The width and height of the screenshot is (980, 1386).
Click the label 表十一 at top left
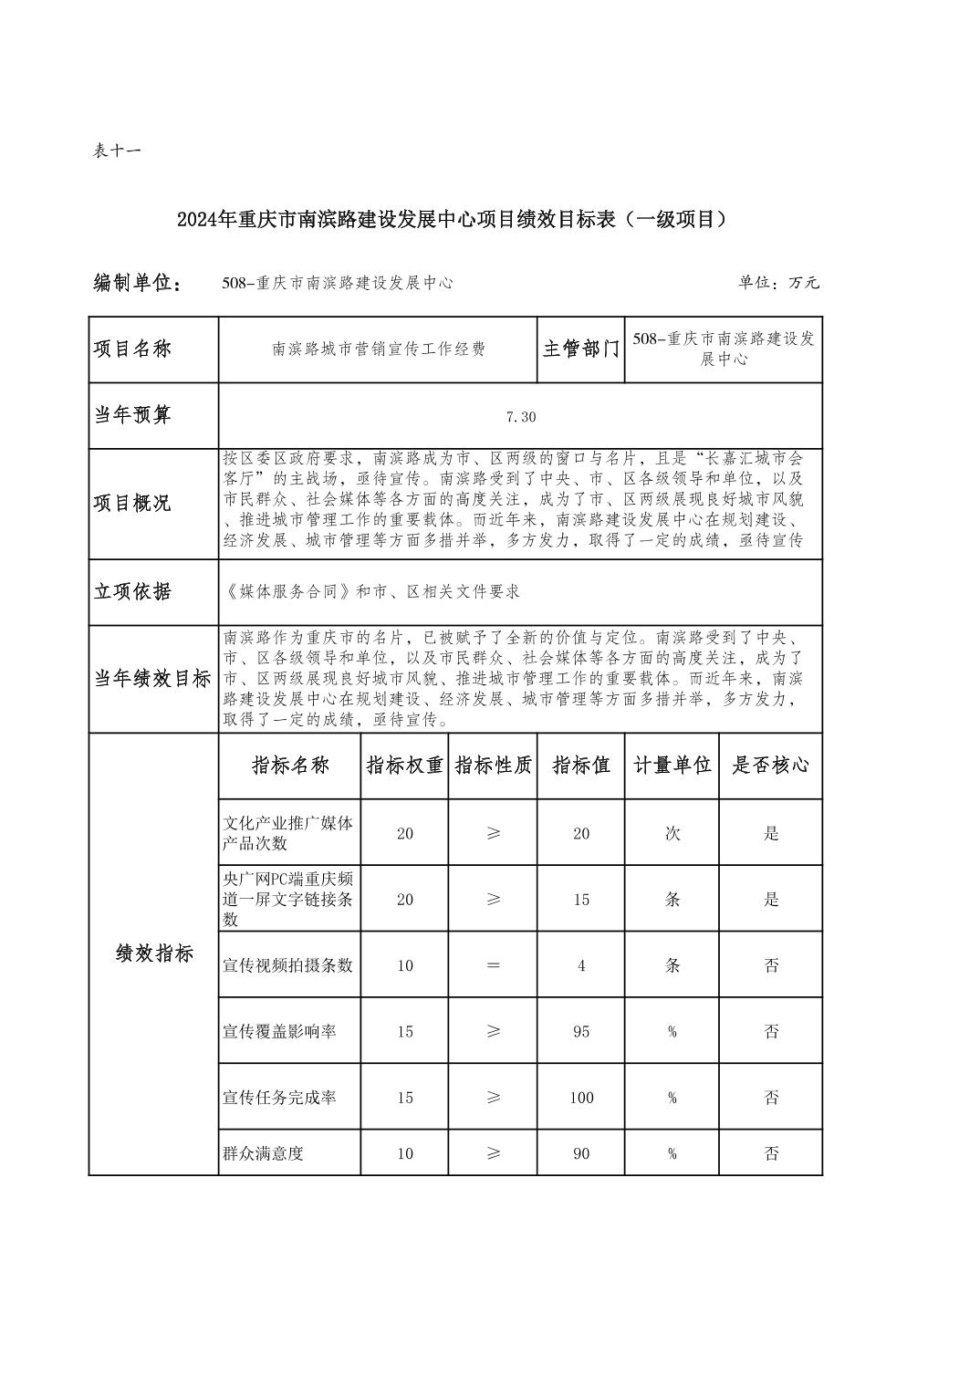pos(117,151)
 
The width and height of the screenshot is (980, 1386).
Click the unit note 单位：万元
pos(778,283)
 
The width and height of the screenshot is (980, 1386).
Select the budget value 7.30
pos(520,417)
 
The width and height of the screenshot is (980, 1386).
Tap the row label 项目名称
pos(133,349)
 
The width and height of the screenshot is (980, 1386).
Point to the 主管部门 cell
pos(580,349)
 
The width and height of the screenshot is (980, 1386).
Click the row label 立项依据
pos(133,592)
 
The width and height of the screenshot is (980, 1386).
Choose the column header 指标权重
pos(404,766)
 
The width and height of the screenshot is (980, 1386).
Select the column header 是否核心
pos(770,766)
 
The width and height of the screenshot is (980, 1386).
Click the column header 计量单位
pos(672,766)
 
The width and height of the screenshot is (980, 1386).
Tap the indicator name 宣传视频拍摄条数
pos(288,965)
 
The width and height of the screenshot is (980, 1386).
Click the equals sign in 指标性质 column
pos(493,965)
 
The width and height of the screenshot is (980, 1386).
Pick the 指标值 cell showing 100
pos(581,1098)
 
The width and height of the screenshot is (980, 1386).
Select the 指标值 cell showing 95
pos(581,1032)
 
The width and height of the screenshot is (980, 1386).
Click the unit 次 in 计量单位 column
pos(672,833)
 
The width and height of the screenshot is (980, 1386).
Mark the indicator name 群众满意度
pos(264,1153)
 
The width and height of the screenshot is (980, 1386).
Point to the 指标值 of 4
pos(581,965)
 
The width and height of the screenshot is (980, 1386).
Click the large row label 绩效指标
pos(154,954)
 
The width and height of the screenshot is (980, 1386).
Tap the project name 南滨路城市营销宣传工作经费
pos(379,349)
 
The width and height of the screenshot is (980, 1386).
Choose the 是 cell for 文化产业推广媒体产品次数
pos(771,833)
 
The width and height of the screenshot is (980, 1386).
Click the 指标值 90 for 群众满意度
pos(581,1154)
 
